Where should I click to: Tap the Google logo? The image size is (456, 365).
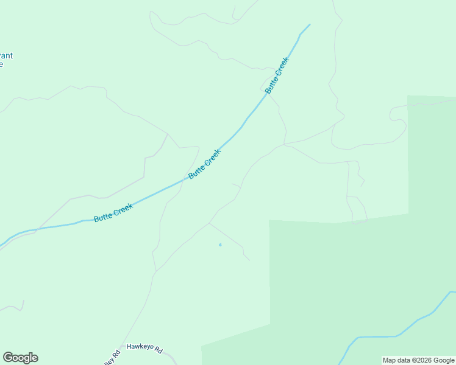[20, 358]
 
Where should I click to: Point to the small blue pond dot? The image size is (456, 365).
[220, 245]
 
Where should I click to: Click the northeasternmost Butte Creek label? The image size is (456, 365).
[277, 75]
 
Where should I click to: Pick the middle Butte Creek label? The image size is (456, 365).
[204, 164]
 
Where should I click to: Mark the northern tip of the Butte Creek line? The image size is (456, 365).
[310, 24]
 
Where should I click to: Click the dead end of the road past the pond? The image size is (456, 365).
[249, 260]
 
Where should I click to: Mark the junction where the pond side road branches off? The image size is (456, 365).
[209, 223]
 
